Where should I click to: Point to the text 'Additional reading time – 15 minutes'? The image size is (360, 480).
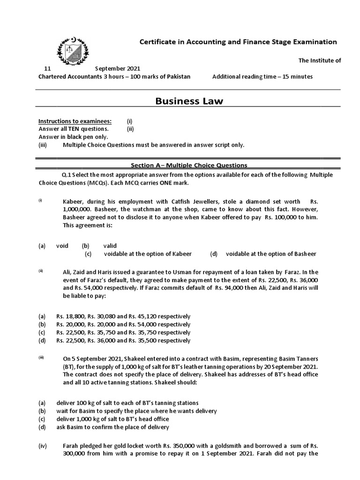tap(262, 76)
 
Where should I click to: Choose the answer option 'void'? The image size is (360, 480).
tap(62, 245)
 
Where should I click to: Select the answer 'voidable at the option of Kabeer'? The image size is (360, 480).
tap(148, 254)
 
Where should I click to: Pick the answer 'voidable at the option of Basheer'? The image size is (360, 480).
tap(271, 254)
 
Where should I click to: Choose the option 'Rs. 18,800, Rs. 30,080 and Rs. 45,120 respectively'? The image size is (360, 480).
tap(123, 316)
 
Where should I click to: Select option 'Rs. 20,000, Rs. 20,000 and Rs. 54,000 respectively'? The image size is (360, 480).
tap(123, 324)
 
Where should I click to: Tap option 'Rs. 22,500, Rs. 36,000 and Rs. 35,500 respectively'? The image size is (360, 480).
tap(123, 340)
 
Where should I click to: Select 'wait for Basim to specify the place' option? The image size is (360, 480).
tap(136, 411)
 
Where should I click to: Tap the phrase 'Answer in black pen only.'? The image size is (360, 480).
tap(73, 137)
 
